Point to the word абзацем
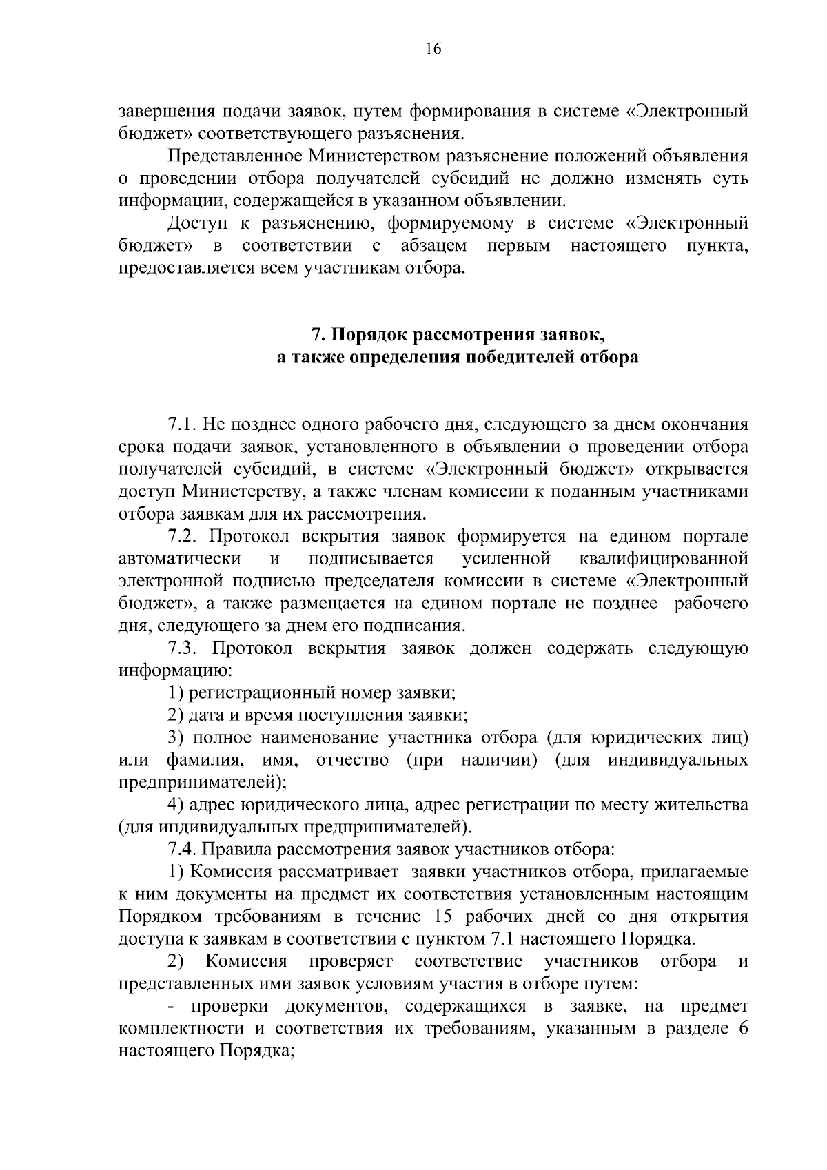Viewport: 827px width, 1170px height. (x=433, y=245)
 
